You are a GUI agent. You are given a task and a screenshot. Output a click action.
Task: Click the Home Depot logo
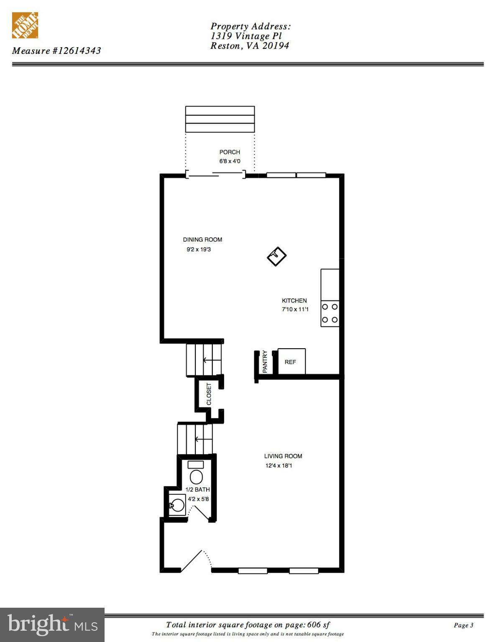[25, 25]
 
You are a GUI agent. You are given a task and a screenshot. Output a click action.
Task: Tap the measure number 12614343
[77, 51]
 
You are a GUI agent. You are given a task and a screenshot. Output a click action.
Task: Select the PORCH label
[230, 152]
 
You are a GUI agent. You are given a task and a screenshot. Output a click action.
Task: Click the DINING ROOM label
[202, 239]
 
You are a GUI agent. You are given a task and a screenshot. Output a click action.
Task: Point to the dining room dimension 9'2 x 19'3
[199, 250]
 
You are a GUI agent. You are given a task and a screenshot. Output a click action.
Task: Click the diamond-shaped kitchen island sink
[276, 256]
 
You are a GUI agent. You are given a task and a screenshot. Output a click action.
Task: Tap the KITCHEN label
[294, 301]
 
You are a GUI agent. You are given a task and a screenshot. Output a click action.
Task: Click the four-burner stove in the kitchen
[330, 313]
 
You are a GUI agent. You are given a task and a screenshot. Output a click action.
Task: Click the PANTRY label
[265, 362]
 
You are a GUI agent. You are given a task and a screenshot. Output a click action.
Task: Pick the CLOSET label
[209, 394]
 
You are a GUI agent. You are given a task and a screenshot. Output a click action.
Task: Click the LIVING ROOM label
[283, 456]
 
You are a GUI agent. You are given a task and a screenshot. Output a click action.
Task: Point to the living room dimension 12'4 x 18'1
[279, 466]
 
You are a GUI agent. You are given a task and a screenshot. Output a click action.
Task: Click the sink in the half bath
[177, 505]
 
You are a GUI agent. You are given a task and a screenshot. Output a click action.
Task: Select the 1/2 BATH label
[197, 489]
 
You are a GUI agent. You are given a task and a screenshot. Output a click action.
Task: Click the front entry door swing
[194, 560]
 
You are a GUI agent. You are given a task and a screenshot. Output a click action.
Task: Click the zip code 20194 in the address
[276, 46]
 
